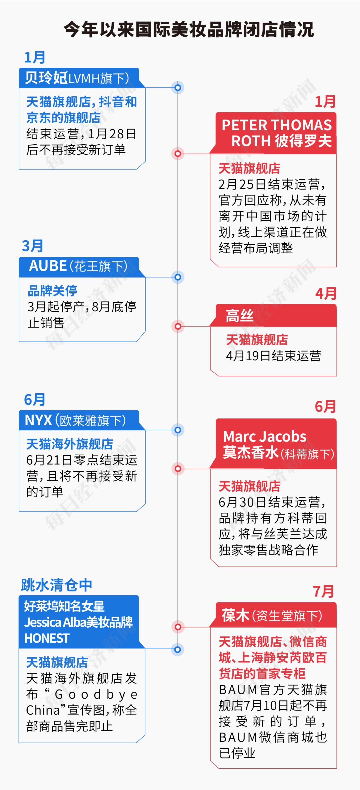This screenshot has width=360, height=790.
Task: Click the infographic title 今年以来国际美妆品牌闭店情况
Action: (x=189, y=30)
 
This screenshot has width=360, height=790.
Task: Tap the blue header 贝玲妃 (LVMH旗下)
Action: (x=79, y=78)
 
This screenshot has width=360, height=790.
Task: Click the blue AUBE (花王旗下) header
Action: (x=79, y=267)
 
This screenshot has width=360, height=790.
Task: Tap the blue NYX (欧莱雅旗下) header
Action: (x=79, y=420)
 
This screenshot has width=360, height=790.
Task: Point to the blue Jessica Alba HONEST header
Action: (x=79, y=622)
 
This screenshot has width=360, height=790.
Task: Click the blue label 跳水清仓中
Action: (x=56, y=585)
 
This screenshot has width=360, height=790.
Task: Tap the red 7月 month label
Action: (x=323, y=591)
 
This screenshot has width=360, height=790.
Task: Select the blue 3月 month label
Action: (x=33, y=246)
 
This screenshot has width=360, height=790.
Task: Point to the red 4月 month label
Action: (x=326, y=294)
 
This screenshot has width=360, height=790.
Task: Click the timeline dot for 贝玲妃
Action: (x=178, y=88)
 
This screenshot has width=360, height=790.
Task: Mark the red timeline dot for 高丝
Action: (x=178, y=326)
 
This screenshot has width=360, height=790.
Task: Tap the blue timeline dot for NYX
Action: (x=178, y=430)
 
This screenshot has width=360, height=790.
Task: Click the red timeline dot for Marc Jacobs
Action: (x=178, y=469)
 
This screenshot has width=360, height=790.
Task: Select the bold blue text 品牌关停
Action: (x=53, y=291)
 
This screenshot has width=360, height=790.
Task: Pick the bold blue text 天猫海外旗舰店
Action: (x=70, y=444)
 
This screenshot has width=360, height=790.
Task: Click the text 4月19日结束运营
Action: (x=273, y=356)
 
